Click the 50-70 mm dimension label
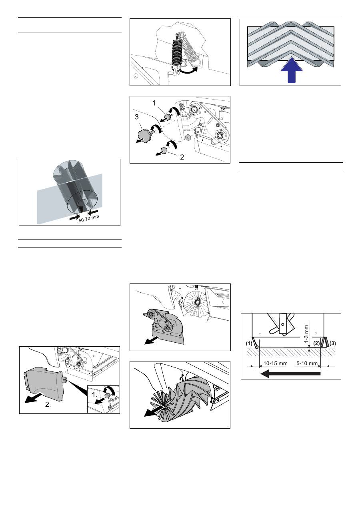pyautogui.click(x=89, y=219)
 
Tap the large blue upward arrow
pyautogui.click(x=292, y=70)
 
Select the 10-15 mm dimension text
pyautogui.click(x=275, y=363)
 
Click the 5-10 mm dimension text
pyautogui.click(x=307, y=363)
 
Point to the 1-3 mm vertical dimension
pyautogui.click(x=306, y=334)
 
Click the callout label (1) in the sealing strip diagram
pyautogui.click(x=249, y=343)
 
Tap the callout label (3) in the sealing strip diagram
pyautogui.click(x=332, y=343)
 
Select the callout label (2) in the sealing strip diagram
pyautogui.click(x=316, y=343)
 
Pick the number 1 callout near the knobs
pyautogui.click(x=154, y=103)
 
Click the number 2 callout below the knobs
pyautogui.click(x=182, y=157)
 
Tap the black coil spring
pyautogui.click(x=177, y=52)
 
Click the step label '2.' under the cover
pyautogui.click(x=48, y=404)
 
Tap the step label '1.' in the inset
pyautogui.click(x=95, y=395)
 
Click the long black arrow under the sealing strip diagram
pyautogui.click(x=291, y=373)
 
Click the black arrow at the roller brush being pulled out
pyautogui.click(x=154, y=411)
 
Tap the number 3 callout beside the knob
pyautogui.click(x=136, y=117)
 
